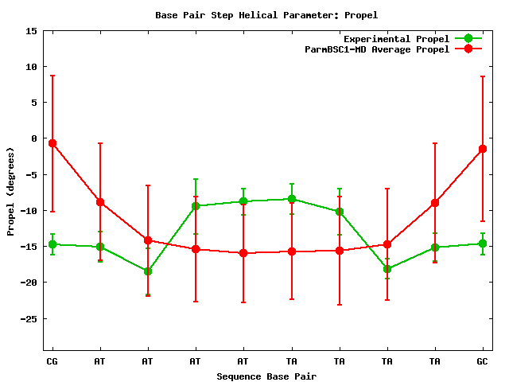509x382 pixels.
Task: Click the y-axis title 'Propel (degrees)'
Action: pos(10,191)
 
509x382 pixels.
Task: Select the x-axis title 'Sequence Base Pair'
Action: pos(266,376)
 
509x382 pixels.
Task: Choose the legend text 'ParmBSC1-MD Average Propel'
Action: pos(377,49)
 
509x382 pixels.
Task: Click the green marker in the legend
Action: pos(468,39)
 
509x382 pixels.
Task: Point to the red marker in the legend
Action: pos(468,49)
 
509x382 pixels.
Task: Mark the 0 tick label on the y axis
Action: pos(33,138)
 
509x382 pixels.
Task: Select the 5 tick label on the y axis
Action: pos(33,103)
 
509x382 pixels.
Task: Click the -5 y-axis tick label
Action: pos(31,175)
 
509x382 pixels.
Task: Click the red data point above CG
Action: pos(52,143)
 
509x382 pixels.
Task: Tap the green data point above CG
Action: pos(52,244)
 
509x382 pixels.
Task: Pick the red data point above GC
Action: pos(483,149)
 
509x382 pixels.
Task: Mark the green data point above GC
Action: pos(483,244)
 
